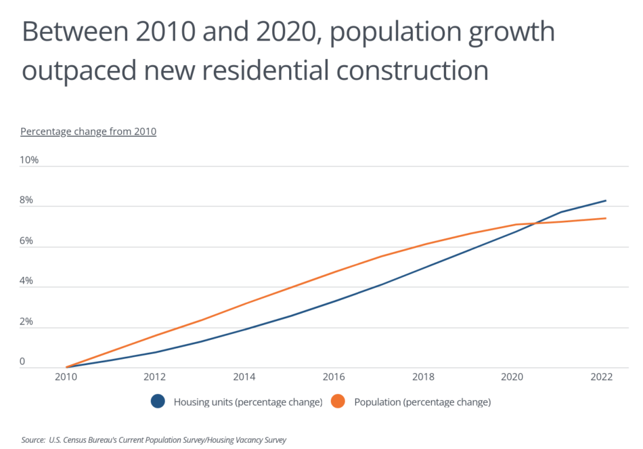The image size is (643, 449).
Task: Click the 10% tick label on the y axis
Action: click(30, 161)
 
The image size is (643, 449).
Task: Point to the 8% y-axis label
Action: click(27, 201)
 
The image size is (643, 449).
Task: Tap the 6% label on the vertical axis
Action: click(27, 241)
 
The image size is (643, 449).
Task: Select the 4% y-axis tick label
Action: click(27, 282)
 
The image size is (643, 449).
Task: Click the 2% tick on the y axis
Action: click(27, 322)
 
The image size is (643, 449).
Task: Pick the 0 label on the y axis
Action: click(22, 362)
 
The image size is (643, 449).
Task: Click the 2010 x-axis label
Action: click(66, 378)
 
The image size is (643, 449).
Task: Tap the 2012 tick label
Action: click(155, 378)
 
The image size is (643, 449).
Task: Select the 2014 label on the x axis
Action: click(244, 378)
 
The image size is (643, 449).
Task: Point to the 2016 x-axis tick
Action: click(334, 378)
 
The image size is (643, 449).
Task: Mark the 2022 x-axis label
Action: click(602, 378)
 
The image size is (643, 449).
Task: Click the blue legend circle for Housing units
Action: click(158, 402)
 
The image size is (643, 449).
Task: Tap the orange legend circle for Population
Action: click(338, 402)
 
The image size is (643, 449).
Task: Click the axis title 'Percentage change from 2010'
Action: click(89, 131)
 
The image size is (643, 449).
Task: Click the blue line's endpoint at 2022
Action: click(605, 200)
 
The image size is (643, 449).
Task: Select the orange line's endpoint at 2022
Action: click(605, 218)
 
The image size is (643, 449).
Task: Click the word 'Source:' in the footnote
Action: click(33, 440)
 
